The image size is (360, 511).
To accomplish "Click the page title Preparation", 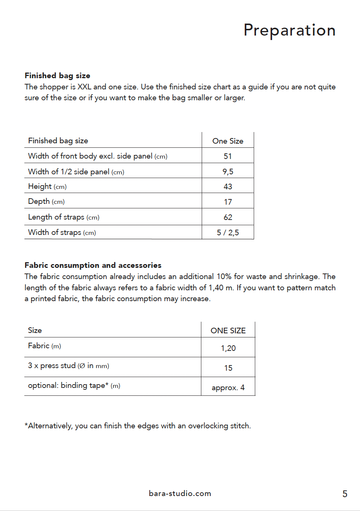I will tap(289, 30).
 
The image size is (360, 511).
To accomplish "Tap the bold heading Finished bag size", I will tap(57, 76).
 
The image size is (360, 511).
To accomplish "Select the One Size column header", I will tap(228, 141).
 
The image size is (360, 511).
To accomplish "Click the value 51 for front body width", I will tap(228, 156).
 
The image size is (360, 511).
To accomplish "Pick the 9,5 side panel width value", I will tap(228, 172).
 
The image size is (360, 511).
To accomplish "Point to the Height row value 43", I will tap(228, 187).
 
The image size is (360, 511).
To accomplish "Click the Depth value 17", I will tap(228, 202).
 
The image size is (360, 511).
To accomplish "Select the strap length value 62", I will tap(228, 217).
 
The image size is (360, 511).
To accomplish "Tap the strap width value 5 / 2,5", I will tap(228, 233).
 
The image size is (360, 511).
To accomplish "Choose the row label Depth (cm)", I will tap(46, 202).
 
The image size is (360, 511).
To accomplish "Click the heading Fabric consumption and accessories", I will tap(93, 265).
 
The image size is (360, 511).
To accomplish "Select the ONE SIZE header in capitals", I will tap(228, 331).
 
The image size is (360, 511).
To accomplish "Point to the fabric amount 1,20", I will tap(228, 348).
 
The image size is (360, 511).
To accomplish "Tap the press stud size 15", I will tap(228, 368).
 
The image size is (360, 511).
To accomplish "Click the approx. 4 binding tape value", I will tap(228, 388).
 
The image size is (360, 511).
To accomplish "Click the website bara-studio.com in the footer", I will tap(180, 493).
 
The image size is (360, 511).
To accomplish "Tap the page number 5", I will tap(345, 494).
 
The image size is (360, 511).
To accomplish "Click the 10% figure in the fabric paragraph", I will tap(224, 276).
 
